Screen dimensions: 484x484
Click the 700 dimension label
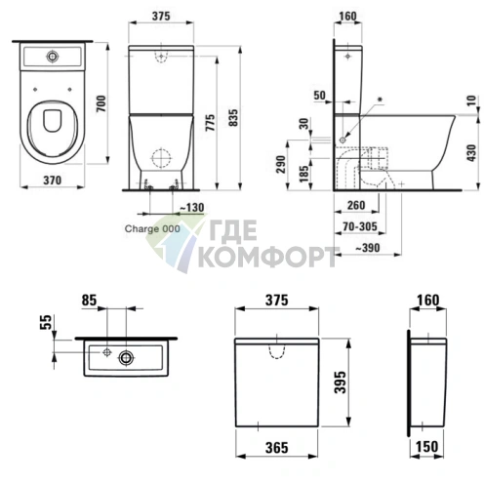[101, 103]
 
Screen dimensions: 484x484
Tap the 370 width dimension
[53, 181]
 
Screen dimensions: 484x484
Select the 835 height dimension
[233, 118]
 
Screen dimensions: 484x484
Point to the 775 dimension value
[211, 122]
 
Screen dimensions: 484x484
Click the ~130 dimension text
[192, 207]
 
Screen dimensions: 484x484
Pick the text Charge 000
[152, 228]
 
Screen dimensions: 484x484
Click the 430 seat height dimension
[471, 152]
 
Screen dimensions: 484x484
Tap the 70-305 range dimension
[360, 226]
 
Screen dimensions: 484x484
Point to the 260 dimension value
[356, 205]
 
